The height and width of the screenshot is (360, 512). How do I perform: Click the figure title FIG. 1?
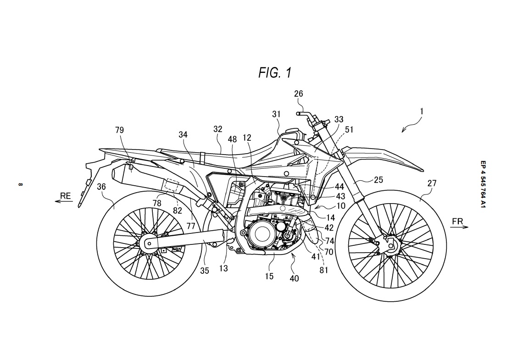(274, 72)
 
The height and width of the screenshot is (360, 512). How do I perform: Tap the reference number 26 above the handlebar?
(299, 94)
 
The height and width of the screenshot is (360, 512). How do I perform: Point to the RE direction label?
(66, 196)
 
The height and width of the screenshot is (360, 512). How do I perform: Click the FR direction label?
(457, 222)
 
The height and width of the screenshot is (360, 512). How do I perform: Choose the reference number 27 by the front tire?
(432, 183)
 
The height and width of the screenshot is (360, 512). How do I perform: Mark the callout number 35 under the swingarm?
(204, 271)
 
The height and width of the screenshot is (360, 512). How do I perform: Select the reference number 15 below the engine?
(269, 276)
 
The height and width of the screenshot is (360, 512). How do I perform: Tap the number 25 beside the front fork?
(378, 180)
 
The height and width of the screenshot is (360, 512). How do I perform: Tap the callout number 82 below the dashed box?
(178, 210)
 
